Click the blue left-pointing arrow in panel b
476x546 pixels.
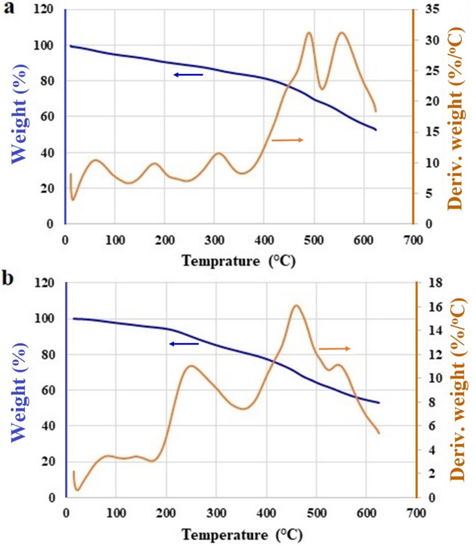184,344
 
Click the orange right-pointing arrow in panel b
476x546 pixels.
335,349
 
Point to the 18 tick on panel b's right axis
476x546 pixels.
435,282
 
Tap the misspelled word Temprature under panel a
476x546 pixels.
220,261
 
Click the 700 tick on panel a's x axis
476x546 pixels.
414,240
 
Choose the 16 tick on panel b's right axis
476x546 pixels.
435,307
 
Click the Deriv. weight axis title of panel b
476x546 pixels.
458,391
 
